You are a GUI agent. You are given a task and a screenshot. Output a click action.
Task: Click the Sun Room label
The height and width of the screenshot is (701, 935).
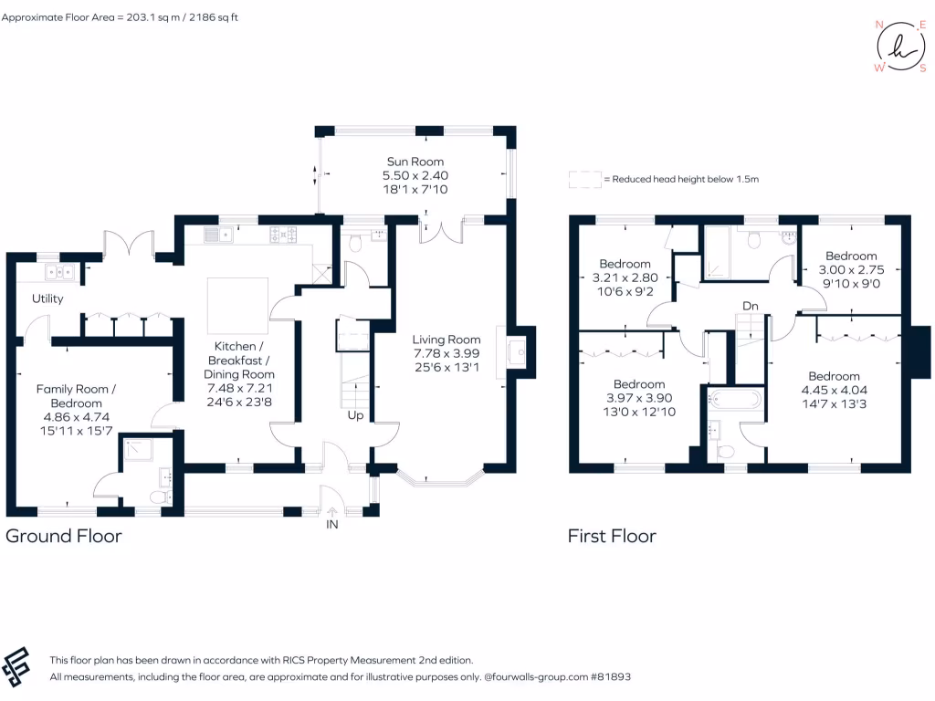(415, 162)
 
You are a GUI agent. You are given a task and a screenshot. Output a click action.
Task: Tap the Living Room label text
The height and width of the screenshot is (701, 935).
(446, 340)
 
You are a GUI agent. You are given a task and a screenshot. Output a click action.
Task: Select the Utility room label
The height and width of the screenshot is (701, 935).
(47, 298)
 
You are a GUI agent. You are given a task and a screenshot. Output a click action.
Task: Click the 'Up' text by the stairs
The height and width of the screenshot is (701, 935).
(356, 415)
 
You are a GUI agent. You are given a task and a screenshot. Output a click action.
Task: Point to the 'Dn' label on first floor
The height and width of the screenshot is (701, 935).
(750, 306)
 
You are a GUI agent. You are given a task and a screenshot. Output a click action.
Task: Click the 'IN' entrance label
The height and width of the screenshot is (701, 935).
(331, 525)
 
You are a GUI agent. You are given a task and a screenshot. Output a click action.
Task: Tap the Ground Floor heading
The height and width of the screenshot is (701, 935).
(64, 536)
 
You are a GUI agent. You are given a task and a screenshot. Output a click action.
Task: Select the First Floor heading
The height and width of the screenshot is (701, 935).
(612, 536)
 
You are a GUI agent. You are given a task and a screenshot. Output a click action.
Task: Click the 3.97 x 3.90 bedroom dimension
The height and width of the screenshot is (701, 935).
(639, 398)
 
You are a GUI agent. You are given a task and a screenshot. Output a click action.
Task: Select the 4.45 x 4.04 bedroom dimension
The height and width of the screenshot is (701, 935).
(834, 390)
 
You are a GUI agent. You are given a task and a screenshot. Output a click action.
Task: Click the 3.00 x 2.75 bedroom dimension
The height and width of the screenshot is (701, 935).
(850, 270)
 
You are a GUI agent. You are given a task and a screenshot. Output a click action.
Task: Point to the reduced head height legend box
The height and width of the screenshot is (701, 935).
(584, 179)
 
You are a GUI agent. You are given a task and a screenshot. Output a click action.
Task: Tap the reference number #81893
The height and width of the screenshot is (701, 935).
(606, 677)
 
